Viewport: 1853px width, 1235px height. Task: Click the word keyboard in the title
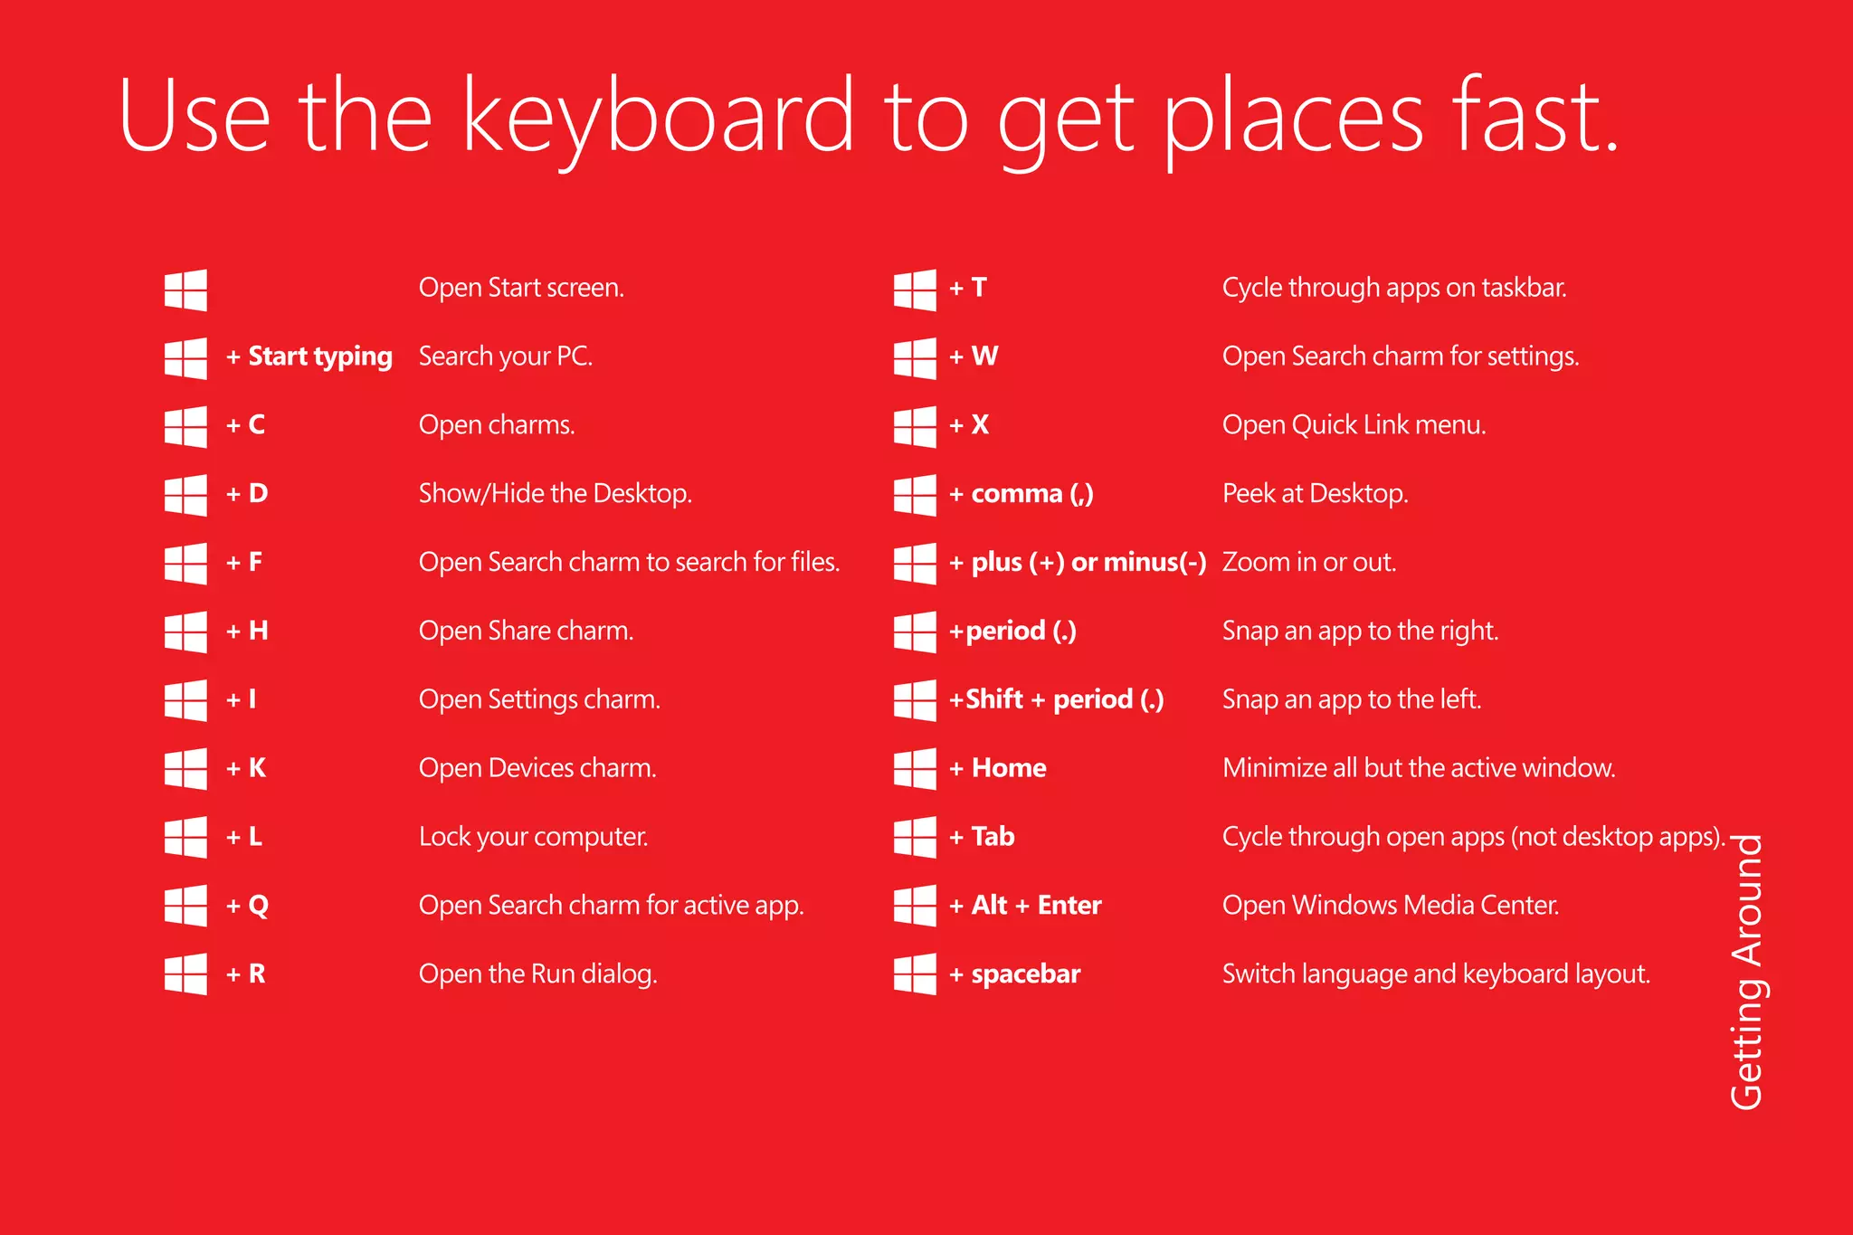[658, 118]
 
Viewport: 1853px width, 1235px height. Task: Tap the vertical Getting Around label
[1747, 972]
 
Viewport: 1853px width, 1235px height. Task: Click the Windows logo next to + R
[185, 974]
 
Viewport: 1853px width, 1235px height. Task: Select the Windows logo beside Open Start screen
[185, 290]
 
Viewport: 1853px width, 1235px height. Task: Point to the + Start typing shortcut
[309, 356]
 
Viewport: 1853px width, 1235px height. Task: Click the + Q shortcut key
[247, 906]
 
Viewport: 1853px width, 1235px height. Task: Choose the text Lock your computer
[533, 837]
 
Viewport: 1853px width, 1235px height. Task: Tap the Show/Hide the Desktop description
[555, 494]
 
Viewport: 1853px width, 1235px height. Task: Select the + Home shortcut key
[997, 768]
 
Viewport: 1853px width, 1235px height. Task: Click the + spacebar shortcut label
[1014, 974]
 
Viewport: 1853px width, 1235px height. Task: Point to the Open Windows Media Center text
[1390, 906]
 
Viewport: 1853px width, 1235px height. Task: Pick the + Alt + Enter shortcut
[1024, 906]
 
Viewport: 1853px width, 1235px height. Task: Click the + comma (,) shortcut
[1021, 494]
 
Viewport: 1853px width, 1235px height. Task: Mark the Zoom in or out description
[1308, 563]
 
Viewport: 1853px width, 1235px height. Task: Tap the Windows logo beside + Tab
[915, 837]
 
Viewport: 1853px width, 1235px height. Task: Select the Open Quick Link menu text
[1354, 425]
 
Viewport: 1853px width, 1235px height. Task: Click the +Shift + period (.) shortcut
[1056, 699]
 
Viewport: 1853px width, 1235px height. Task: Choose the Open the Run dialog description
[537, 974]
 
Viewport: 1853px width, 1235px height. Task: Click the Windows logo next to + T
[915, 290]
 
